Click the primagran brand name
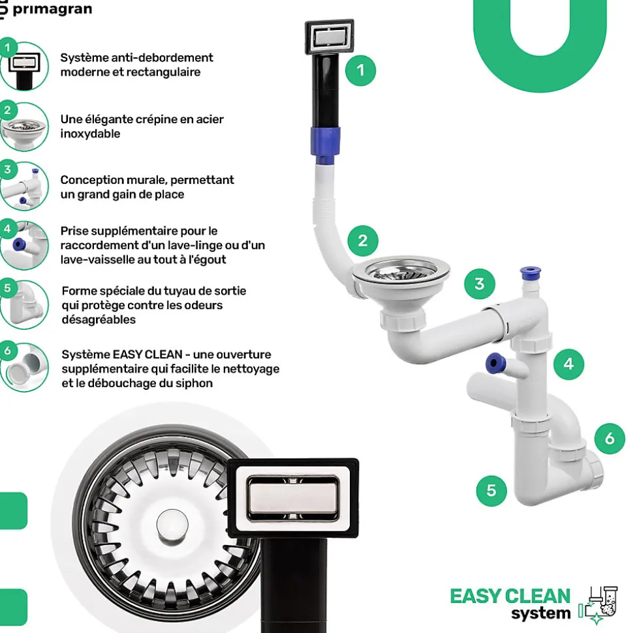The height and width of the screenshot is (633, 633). (x=52, y=9)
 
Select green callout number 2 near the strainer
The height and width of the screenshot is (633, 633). (x=363, y=241)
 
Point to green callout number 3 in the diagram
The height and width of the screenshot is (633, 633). (x=480, y=284)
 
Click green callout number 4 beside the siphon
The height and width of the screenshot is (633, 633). (x=568, y=364)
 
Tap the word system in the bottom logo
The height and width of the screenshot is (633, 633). (x=540, y=613)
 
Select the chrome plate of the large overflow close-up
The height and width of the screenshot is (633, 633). (x=292, y=497)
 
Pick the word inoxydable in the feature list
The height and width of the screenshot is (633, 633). (x=90, y=134)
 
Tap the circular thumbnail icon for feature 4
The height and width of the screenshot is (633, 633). (x=25, y=244)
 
